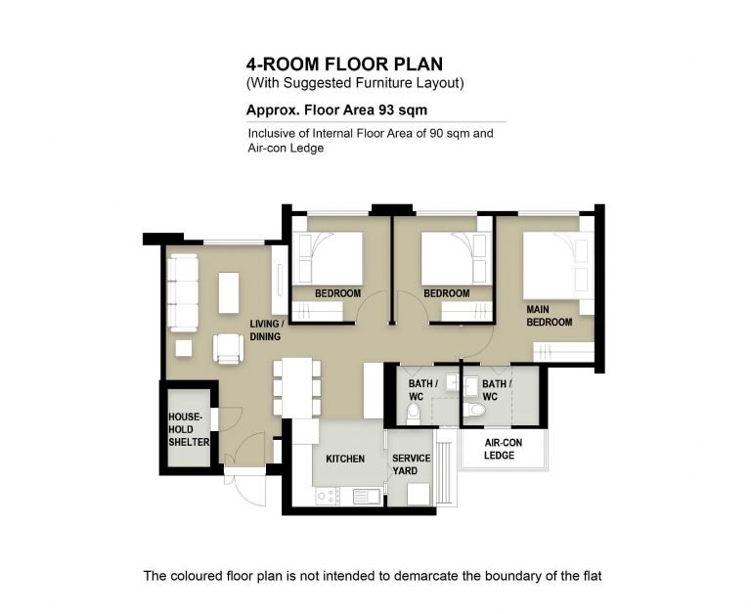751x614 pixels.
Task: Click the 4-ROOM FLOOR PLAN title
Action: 344,65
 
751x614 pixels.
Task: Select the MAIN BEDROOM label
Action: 550,316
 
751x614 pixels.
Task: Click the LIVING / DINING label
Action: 267,330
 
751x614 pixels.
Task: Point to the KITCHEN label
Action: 345,459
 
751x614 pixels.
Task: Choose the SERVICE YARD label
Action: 411,464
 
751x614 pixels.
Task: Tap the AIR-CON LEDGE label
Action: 503,449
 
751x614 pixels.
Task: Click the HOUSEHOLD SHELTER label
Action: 189,429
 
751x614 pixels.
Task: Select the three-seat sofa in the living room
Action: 184,292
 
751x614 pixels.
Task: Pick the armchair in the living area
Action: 229,349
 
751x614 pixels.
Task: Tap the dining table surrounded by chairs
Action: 296,388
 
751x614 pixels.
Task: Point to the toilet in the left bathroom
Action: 413,414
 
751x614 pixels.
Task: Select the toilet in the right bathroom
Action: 475,410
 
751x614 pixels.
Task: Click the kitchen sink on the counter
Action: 367,496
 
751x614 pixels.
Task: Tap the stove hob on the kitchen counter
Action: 328,496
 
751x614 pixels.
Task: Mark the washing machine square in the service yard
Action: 419,495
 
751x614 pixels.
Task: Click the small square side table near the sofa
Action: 184,348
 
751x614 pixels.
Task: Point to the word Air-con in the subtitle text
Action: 267,148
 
